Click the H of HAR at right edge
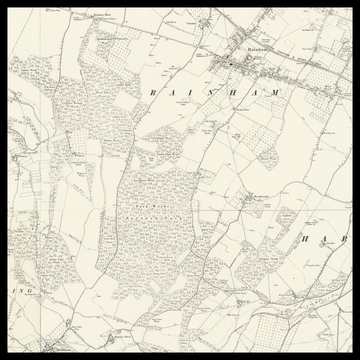pos(307,241)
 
